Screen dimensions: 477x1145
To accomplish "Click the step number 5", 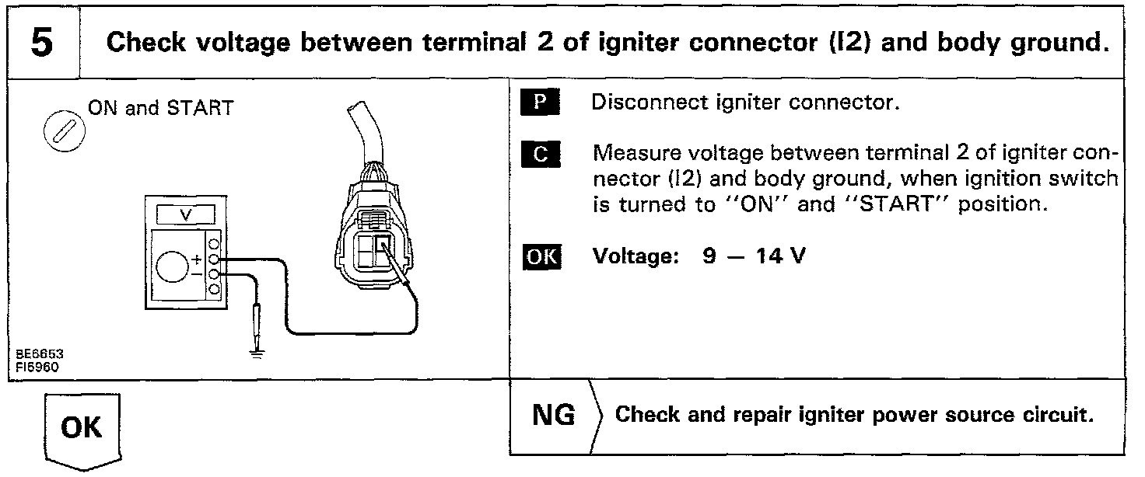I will point(41,43).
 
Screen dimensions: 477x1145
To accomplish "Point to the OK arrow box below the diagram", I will point(81,430).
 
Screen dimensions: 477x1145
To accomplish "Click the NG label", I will point(553,416).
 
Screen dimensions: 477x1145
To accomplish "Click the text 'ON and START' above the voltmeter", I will point(160,108).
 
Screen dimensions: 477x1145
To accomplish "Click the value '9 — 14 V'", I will point(755,256).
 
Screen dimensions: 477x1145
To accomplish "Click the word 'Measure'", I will point(627,154).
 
